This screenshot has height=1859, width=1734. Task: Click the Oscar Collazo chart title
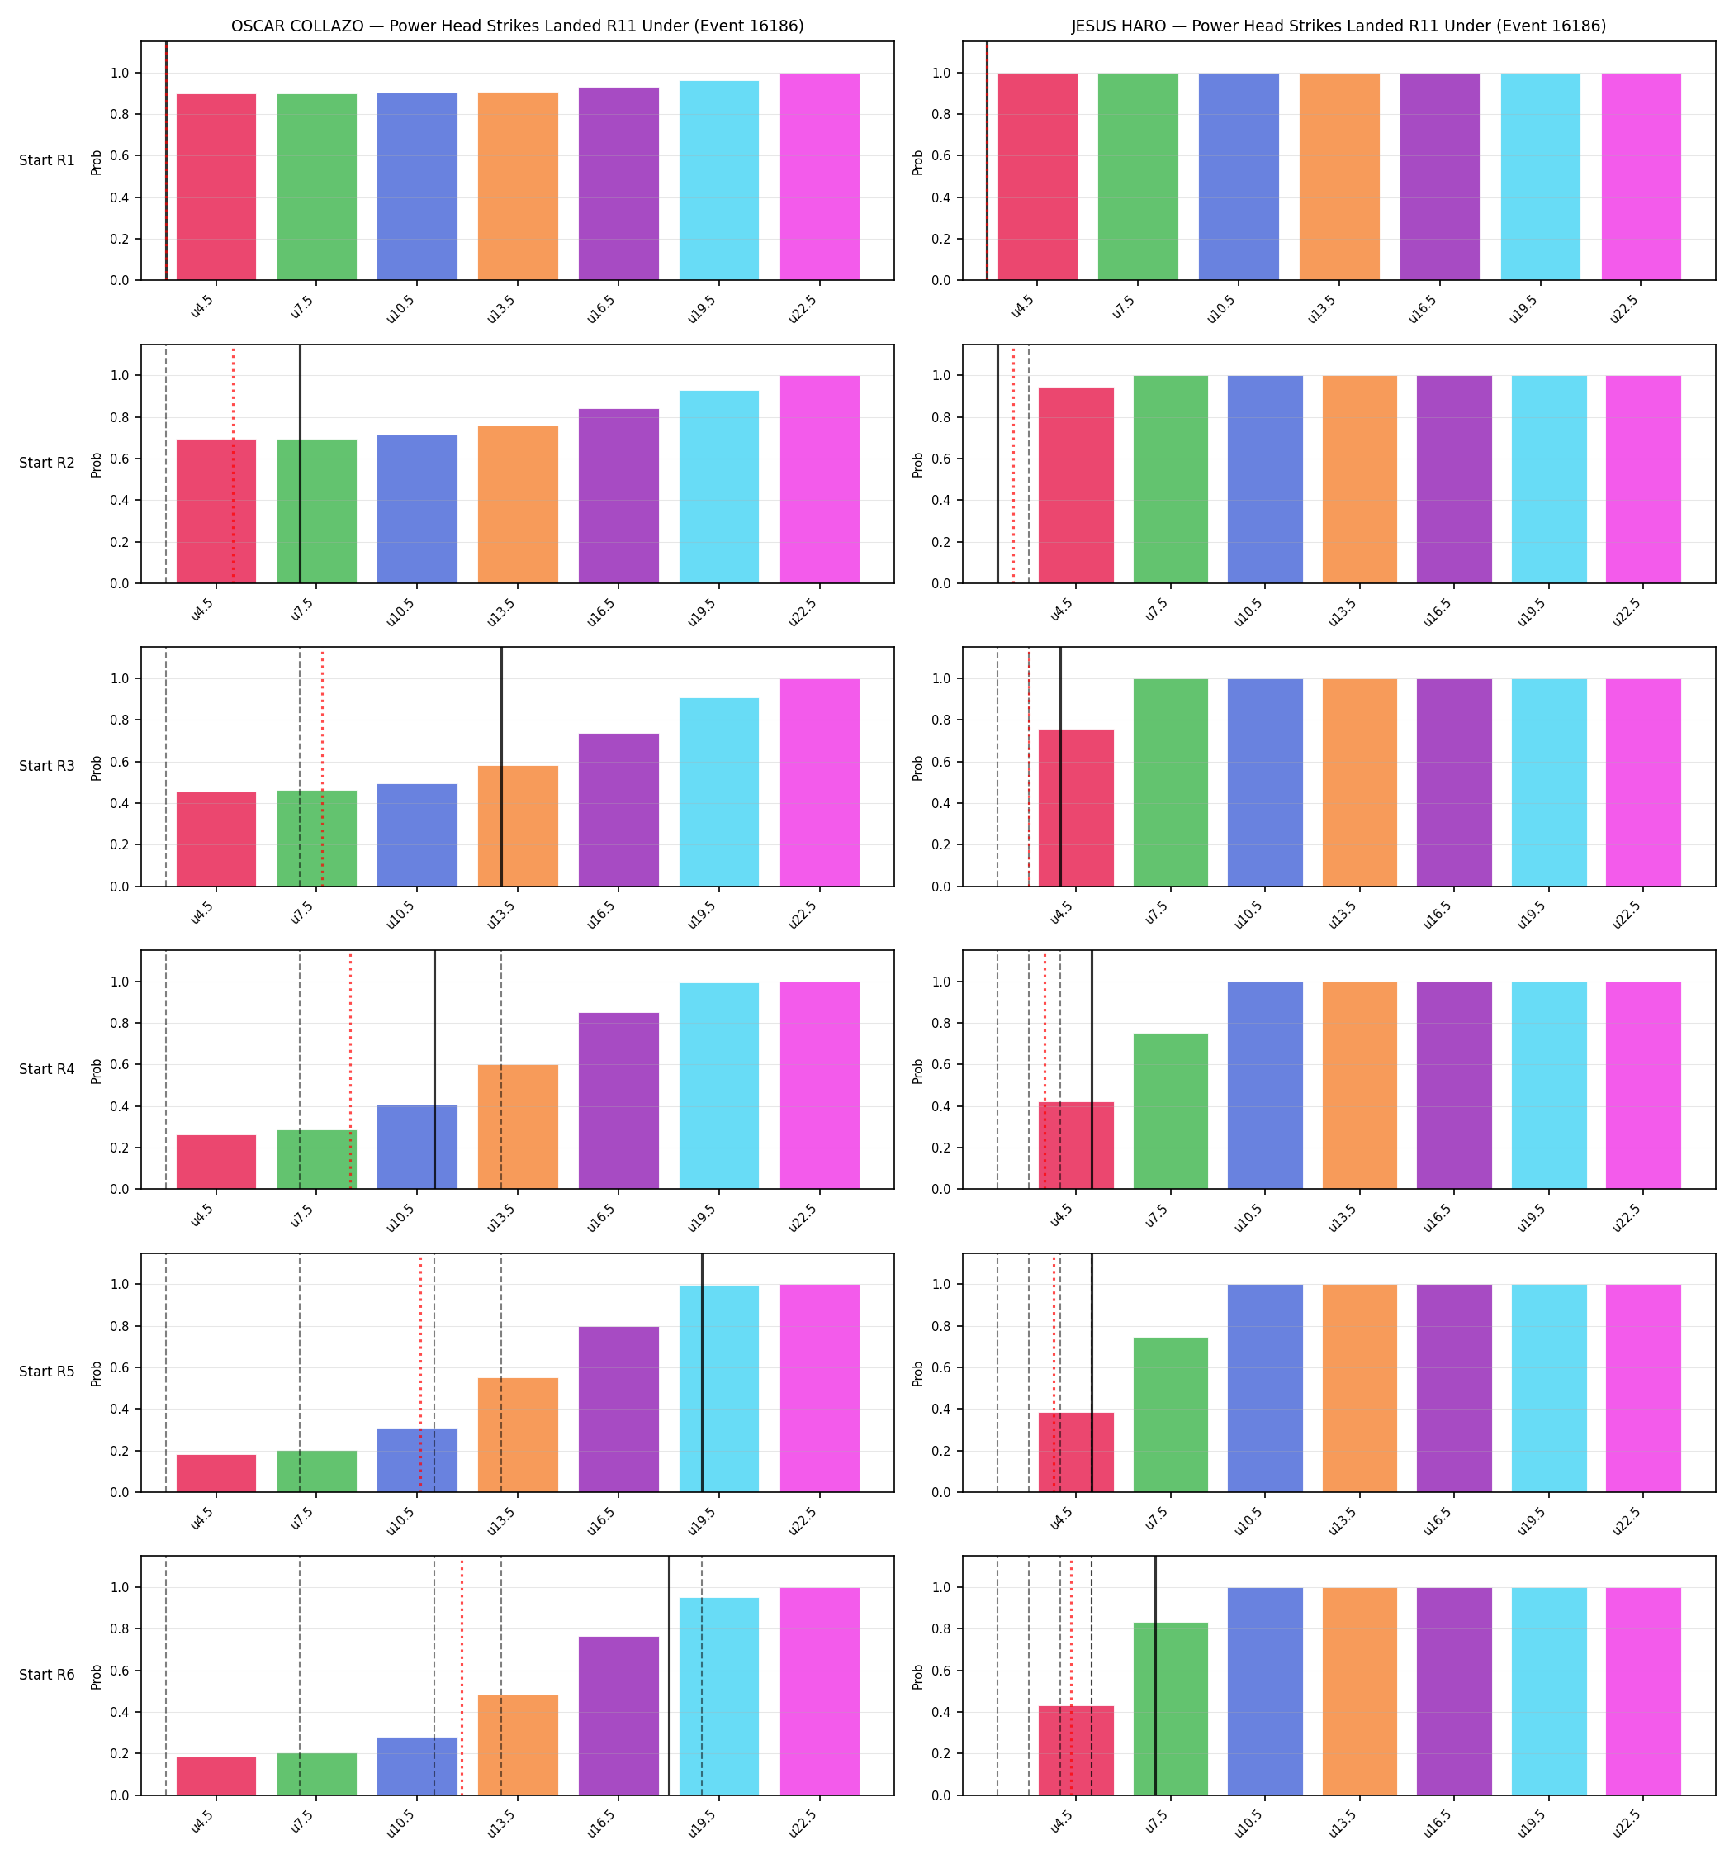(x=517, y=26)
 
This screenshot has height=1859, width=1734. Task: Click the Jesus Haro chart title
(x=1338, y=26)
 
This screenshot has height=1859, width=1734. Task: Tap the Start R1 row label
(x=47, y=160)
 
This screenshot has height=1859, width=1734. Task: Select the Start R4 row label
(x=47, y=1069)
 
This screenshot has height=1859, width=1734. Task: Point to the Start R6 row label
(x=47, y=1675)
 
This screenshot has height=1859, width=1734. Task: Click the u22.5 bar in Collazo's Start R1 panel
(x=820, y=177)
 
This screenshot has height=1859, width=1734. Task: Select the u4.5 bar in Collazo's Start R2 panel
(x=216, y=511)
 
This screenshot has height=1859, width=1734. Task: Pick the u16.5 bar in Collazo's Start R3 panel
(x=618, y=810)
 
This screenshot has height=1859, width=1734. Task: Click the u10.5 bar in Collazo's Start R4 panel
(x=418, y=1148)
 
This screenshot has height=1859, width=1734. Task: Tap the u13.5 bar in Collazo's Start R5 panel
(x=518, y=1434)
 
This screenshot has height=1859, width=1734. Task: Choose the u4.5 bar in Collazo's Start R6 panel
(x=216, y=1776)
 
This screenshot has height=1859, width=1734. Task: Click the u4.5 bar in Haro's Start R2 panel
(x=1076, y=485)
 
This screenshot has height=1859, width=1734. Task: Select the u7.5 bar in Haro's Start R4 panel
(x=1170, y=1111)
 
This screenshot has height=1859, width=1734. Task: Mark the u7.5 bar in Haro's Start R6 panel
(x=1170, y=1709)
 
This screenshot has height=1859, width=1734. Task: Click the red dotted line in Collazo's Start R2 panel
(x=233, y=464)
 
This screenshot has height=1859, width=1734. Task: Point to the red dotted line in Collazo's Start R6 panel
(x=462, y=1676)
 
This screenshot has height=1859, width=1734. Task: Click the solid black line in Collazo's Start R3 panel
(x=501, y=767)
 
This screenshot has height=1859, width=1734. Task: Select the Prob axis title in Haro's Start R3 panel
(x=918, y=768)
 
